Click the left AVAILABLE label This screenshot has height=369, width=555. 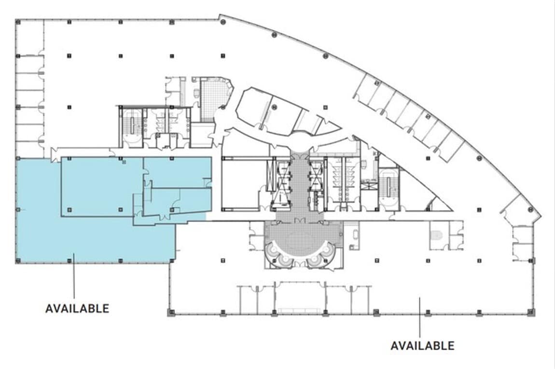[x=77, y=308]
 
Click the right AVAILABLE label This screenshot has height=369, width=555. [x=422, y=346]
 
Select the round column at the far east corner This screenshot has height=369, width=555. [x=531, y=209]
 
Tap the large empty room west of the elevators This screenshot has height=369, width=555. [x=240, y=183]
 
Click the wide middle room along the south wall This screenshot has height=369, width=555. [x=299, y=297]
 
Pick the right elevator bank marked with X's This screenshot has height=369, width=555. [x=316, y=176]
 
